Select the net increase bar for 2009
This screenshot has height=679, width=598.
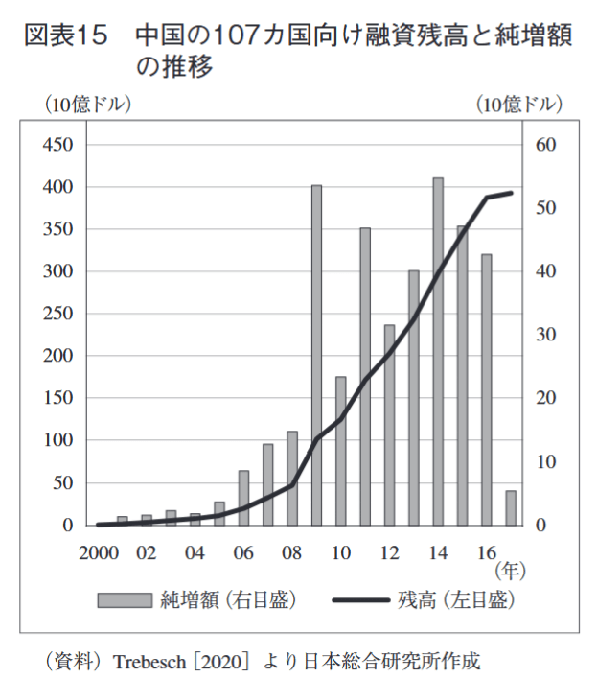coord(316,355)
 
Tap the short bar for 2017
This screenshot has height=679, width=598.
coord(511,508)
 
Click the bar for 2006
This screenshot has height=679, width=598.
coord(243,498)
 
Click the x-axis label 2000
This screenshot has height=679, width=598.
coord(99,553)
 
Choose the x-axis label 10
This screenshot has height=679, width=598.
coord(340,553)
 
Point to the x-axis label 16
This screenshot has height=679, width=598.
coord(486,553)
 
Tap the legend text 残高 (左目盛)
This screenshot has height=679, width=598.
coord(456,601)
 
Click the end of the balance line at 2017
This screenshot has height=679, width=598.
coord(511,193)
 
